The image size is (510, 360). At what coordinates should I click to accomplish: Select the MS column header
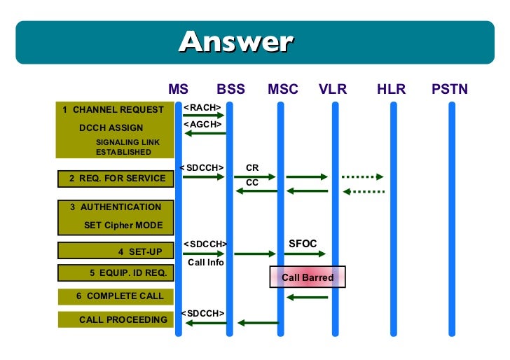point(179,90)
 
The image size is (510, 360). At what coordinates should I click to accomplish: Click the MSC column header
point(282,90)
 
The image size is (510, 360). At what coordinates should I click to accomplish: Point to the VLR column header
point(333,90)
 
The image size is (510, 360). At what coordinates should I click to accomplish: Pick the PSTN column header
point(450,90)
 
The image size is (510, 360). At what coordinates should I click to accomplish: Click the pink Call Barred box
point(308,277)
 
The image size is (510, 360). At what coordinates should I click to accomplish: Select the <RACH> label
point(202,107)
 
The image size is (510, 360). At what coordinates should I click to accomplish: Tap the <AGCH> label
point(202,124)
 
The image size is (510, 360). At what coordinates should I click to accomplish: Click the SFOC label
point(303,244)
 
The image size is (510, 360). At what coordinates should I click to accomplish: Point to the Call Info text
point(206,263)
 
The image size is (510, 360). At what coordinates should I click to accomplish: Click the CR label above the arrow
point(252,168)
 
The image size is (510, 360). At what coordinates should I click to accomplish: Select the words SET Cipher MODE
point(123,225)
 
